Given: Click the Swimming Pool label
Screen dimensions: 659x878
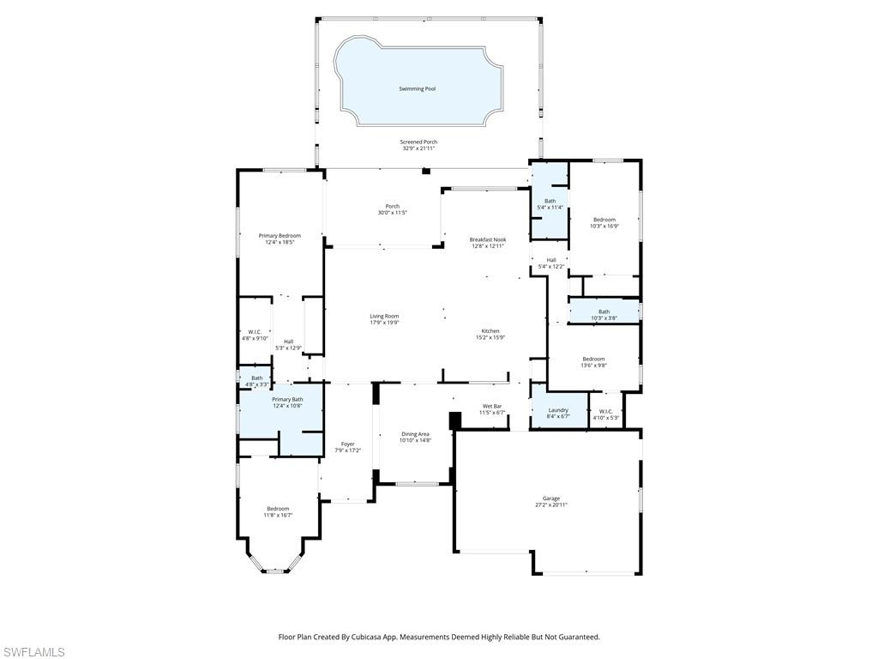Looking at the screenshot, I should pyautogui.click(x=418, y=88).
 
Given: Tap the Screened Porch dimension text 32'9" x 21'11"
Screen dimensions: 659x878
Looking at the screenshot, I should pyautogui.click(x=419, y=148).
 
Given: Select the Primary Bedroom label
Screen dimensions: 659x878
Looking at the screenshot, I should pyautogui.click(x=280, y=236).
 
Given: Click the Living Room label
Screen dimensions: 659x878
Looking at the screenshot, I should pyautogui.click(x=384, y=316).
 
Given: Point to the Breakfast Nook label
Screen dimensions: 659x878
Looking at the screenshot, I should pyautogui.click(x=488, y=239).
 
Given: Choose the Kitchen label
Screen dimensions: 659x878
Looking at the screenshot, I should pyautogui.click(x=490, y=331).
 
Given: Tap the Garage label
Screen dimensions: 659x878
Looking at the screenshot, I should pyautogui.click(x=550, y=499).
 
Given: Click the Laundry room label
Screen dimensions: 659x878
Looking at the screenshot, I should pyautogui.click(x=558, y=410).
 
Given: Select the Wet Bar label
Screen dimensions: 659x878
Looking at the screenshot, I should pyautogui.click(x=491, y=406).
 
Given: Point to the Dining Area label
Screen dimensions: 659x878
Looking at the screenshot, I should pyautogui.click(x=415, y=434).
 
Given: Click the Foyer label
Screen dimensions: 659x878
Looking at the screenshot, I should pyautogui.click(x=347, y=444).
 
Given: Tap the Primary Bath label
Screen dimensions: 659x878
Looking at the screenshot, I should pyautogui.click(x=287, y=399).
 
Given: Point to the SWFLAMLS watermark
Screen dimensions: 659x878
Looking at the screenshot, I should pyautogui.click(x=33, y=653).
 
